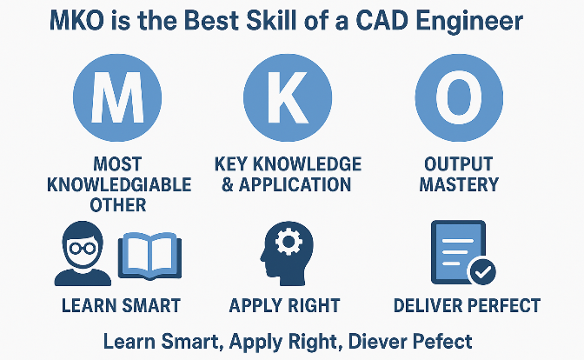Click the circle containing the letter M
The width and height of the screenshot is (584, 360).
click(x=117, y=97)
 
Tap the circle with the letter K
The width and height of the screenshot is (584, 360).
click(x=288, y=97)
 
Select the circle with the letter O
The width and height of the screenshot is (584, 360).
click(x=459, y=97)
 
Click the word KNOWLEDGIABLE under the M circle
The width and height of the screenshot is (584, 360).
click(x=119, y=184)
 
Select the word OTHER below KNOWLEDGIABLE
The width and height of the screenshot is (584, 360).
click(x=118, y=205)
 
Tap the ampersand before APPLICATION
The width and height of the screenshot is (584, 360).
click(x=227, y=184)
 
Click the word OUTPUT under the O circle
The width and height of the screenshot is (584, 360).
click(x=459, y=164)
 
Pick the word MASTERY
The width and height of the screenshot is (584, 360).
click(x=459, y=184)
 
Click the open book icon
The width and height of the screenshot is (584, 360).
click(x=149, y=256)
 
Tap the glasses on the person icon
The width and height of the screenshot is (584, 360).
click(x=83, y=248)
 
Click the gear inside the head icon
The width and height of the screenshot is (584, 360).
click(x=289, y=241)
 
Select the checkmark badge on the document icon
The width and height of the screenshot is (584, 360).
click(x=482, y=271)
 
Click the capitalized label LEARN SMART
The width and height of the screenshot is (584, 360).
click(x=121, y=305)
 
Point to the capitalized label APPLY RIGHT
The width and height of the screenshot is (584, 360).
click(x=284, y=305)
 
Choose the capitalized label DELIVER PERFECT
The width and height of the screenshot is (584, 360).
click(x=467, y=305)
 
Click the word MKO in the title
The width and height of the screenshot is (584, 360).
click(x=77, y=21)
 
